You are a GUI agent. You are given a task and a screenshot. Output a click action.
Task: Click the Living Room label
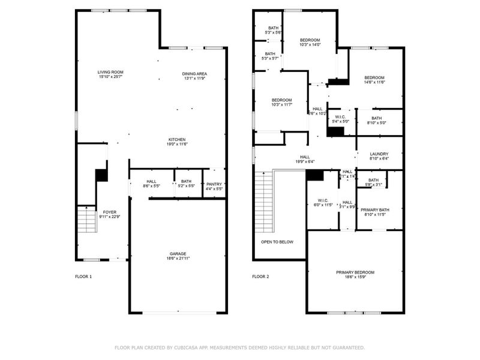coord(110,72)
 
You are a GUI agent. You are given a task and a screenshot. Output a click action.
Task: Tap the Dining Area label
coord(194,74)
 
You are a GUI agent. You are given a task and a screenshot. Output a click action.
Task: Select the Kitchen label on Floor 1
coord(176,139)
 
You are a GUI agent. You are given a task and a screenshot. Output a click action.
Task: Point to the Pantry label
coord(214,184)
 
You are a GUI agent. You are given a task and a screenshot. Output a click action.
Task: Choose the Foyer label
coord(109,212)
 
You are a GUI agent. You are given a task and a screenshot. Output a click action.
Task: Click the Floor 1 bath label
coord(186,181)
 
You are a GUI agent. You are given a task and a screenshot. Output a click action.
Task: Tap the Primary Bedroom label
coord(355,272)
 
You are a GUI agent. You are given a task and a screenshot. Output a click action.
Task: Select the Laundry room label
coord(379,154)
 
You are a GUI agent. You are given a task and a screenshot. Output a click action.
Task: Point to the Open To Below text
coord(277,242)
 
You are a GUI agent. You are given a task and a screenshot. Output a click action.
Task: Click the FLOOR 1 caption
coord(83,277)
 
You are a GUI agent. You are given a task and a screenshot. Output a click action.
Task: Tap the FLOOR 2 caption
coord(260,277)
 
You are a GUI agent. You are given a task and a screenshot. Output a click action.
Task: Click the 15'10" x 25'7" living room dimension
coord(110,77)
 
